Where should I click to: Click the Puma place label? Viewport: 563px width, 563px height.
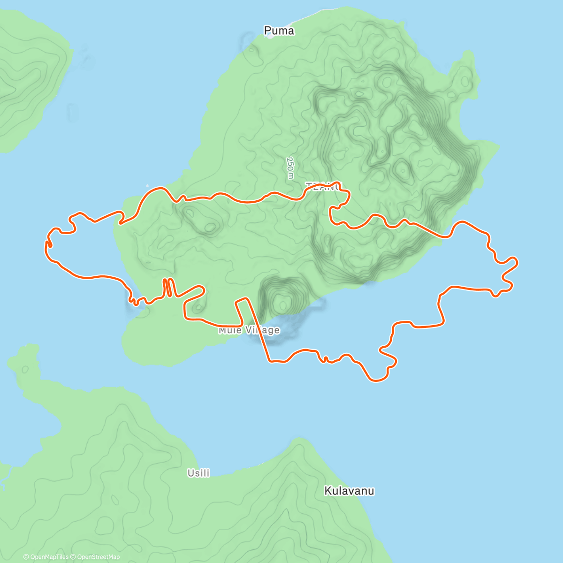tap(279, 31)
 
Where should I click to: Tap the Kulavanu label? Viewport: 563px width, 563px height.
tap(349, 491)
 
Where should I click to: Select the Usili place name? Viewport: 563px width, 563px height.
tap(198, 473)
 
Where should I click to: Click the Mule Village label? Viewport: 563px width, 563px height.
tap(249, 330)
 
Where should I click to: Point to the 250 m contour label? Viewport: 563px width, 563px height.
tap(290, 167)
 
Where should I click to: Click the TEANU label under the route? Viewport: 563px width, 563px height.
tap(324, 187)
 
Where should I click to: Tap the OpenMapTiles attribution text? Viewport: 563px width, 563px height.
tap(46, 557)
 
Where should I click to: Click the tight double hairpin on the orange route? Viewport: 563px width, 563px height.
tap(168, 288)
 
